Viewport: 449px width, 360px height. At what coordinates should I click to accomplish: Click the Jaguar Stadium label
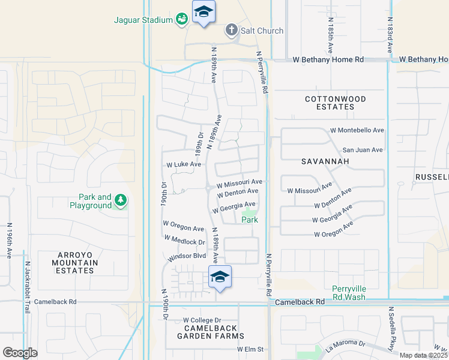pyautogui.click(x=143, y=20)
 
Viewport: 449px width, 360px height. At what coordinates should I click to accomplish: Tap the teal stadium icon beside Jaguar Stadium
pyautogui.click(x=182, y=20)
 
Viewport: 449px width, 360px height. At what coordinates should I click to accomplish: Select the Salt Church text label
pyautogui.click(x=262, y=31)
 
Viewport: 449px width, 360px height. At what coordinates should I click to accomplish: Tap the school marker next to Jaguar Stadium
pyautogui.click(x=204, y=12)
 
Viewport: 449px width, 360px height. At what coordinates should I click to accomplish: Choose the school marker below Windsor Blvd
pyautogui.click(x=220, y=277)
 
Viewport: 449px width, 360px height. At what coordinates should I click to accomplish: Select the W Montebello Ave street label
pyautogui.click(x=357, y=130)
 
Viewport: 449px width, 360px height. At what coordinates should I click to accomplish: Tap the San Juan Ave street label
pyautogui.click(x=362, y=150)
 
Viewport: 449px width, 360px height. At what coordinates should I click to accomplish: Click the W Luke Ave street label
pyautogui.click(x=184, y=164)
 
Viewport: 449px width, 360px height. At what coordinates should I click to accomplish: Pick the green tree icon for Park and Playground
pyautogui.click(x=121, y=200)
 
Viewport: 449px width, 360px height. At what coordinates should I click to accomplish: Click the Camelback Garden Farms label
pyautogui.click(x=207, y=332)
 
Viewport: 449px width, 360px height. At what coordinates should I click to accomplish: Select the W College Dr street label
pyautogui.click(x=202, y=320)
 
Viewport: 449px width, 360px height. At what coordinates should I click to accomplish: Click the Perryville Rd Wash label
pyautogui.click(x=357, y=292)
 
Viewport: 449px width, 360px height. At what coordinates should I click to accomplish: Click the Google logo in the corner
pyautogui.click(x=20, y=353)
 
